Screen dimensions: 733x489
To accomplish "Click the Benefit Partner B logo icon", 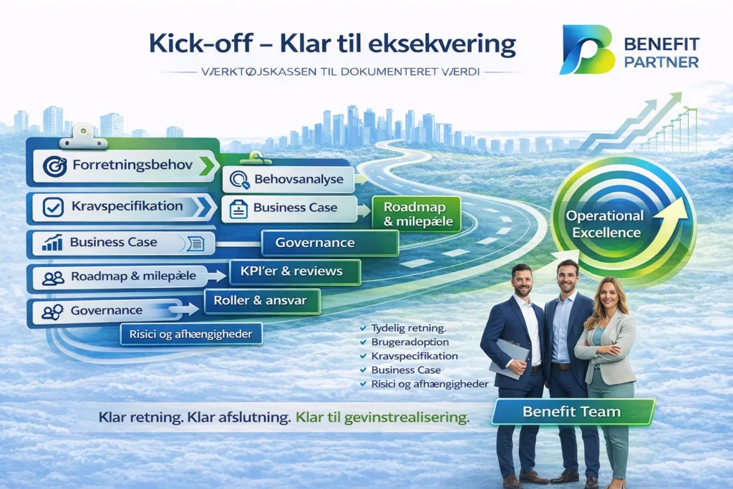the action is tap(587, 49).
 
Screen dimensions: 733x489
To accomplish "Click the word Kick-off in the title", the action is tap(200, 44).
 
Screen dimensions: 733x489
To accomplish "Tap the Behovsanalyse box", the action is tap(288, 179).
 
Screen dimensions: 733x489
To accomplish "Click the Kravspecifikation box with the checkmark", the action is tap(122, 207).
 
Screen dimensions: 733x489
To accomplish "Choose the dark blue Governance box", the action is tap(330, 243).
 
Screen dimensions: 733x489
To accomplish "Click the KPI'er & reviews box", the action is tap(295, 271).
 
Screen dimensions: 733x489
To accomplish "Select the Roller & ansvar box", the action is tap(262, 301).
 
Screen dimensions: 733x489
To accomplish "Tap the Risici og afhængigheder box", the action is tap(191, 334).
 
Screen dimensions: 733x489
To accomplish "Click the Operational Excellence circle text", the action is tap(606, 224).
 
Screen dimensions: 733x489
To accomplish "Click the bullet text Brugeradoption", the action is tap(410, 342).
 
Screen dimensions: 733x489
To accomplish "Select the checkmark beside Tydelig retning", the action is tap(363, 328).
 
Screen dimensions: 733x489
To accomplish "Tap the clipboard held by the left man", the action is tap(509, 358).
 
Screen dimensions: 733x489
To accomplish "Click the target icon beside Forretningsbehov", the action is tap(54, 166).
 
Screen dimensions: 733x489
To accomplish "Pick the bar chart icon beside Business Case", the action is tap(52, 243).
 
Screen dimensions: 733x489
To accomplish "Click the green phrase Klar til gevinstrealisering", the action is tap(382, 417).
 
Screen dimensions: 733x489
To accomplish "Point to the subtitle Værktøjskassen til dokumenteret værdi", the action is tap(341, 72).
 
